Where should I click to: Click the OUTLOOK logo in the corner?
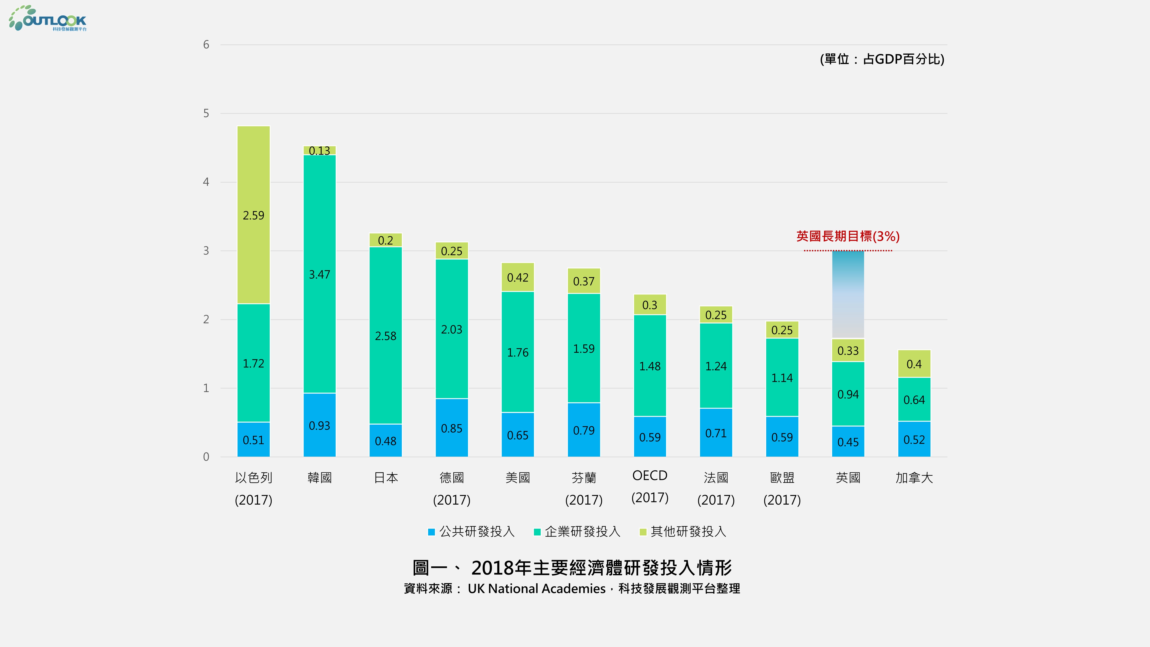tap(48, 19)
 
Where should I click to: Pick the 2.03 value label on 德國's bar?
tap(451, 330)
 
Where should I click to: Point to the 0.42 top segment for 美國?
tap(517, 277)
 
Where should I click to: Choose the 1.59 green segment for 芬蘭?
tap(583, 348)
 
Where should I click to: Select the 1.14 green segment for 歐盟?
tap(782, 378)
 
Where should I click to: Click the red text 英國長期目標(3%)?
tap(848, 236)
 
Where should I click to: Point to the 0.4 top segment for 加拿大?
tap(914, 364)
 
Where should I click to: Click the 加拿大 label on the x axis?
tap(914, 478)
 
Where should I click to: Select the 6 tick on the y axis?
tap(206, 45)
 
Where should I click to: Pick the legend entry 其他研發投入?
tap(683, 531)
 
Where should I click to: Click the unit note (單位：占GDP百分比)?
tap(882, 59)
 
